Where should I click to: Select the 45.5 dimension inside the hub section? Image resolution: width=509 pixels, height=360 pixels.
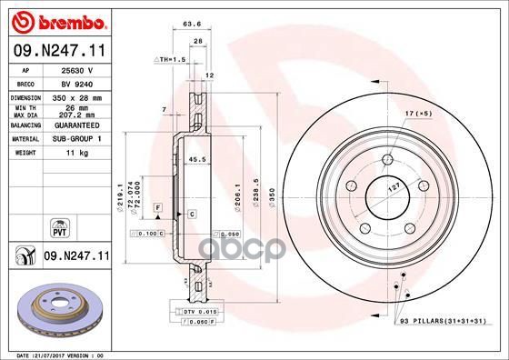pos(193,161)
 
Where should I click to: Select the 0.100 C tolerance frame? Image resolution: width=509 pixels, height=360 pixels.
pos(151,234)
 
